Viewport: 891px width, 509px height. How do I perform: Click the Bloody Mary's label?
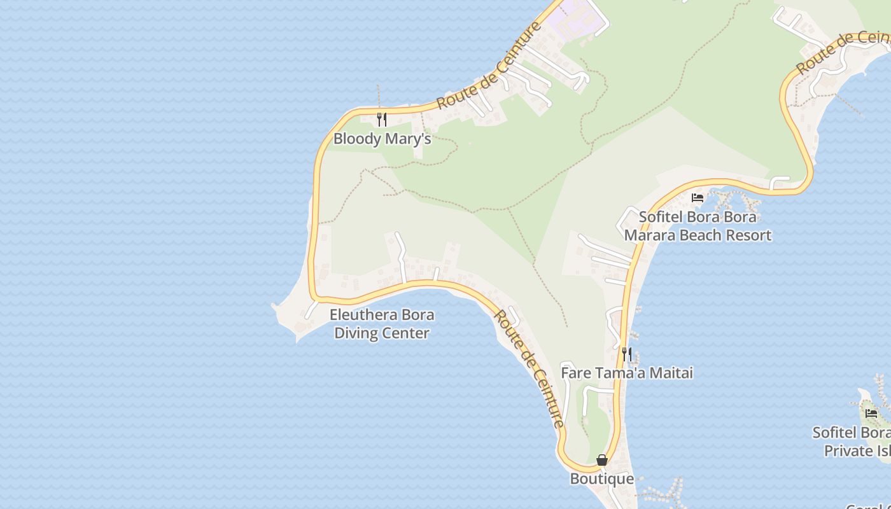(382, 139)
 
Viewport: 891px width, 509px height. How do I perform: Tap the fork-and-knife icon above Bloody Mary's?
(382, 119)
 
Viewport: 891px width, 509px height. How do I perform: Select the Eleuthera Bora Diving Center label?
(382, 324)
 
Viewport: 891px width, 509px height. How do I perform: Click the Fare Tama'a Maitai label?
(626, 373)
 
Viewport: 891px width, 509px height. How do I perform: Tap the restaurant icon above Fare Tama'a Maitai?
(627, 354)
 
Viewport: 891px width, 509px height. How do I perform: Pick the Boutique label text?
(601, 478)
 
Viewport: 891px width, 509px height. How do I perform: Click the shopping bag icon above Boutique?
(601, 460)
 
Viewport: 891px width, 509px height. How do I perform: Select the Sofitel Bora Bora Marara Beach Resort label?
(698, 226)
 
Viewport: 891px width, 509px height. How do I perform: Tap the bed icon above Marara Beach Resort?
(698, 198)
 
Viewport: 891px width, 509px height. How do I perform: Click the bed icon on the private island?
(871, 414)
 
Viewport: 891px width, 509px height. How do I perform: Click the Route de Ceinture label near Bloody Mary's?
(489, 65)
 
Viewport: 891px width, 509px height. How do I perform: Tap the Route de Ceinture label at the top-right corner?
(840, 51)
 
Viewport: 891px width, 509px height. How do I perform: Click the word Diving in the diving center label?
(358, 333)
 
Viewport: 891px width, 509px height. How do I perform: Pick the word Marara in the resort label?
(649, 235)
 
